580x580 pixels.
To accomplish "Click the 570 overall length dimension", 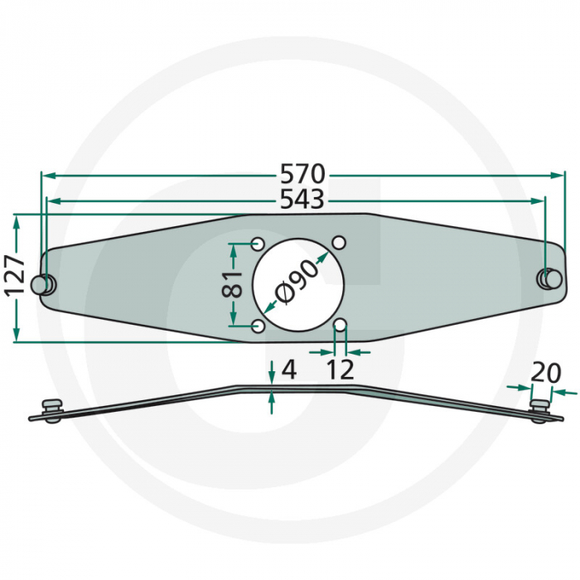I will tap(302, 175).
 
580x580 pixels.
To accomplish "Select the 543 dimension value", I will tap(302, 200).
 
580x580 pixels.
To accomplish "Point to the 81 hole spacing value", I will tap(232, 284).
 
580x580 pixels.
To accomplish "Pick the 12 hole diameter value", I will tap(341, 369).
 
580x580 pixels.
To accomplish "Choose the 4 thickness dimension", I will tap(288, 370).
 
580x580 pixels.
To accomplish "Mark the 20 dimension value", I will tap(546, 372).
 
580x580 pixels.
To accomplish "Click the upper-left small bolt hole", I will tap(258, 244).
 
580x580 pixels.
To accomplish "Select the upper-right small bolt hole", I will tap(339, 243).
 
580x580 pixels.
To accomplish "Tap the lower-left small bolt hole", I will tap(258, 326).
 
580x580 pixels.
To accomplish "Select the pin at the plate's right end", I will tap(548, 277).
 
